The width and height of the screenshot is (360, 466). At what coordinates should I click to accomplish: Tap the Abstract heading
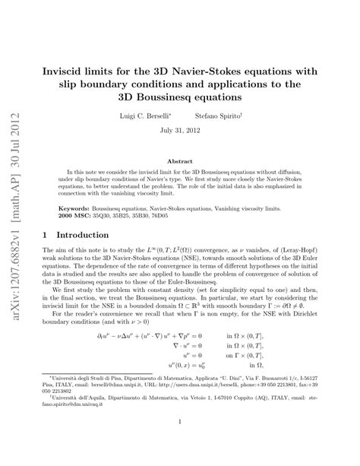click(x=180, y=161)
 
